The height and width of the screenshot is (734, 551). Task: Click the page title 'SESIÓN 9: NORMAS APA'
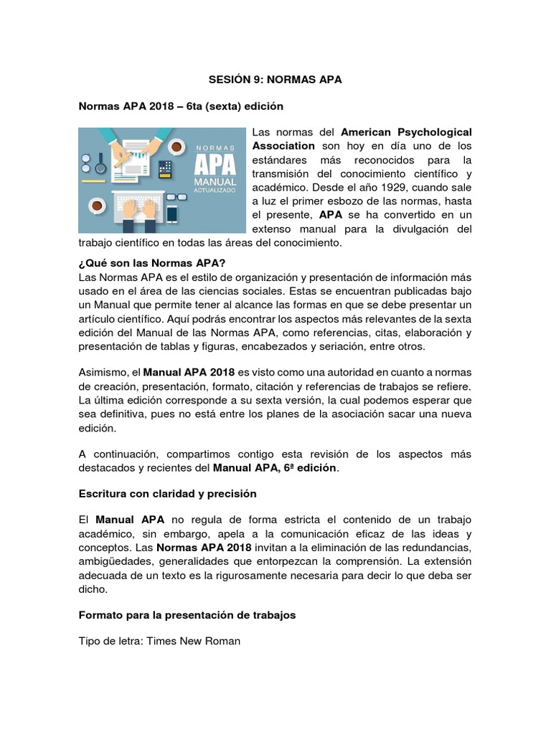pos(275,80)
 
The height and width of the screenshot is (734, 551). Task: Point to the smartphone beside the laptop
pos(172,214)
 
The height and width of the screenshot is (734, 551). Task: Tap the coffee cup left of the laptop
pos(97,205)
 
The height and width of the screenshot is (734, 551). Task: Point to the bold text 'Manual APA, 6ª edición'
pos(275,468)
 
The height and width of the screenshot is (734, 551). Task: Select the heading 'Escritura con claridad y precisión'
pos(167,494)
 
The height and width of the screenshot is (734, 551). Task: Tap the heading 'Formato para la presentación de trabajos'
pos(187,614)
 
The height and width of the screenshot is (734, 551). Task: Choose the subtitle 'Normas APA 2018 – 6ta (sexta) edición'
pos(181,106)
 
